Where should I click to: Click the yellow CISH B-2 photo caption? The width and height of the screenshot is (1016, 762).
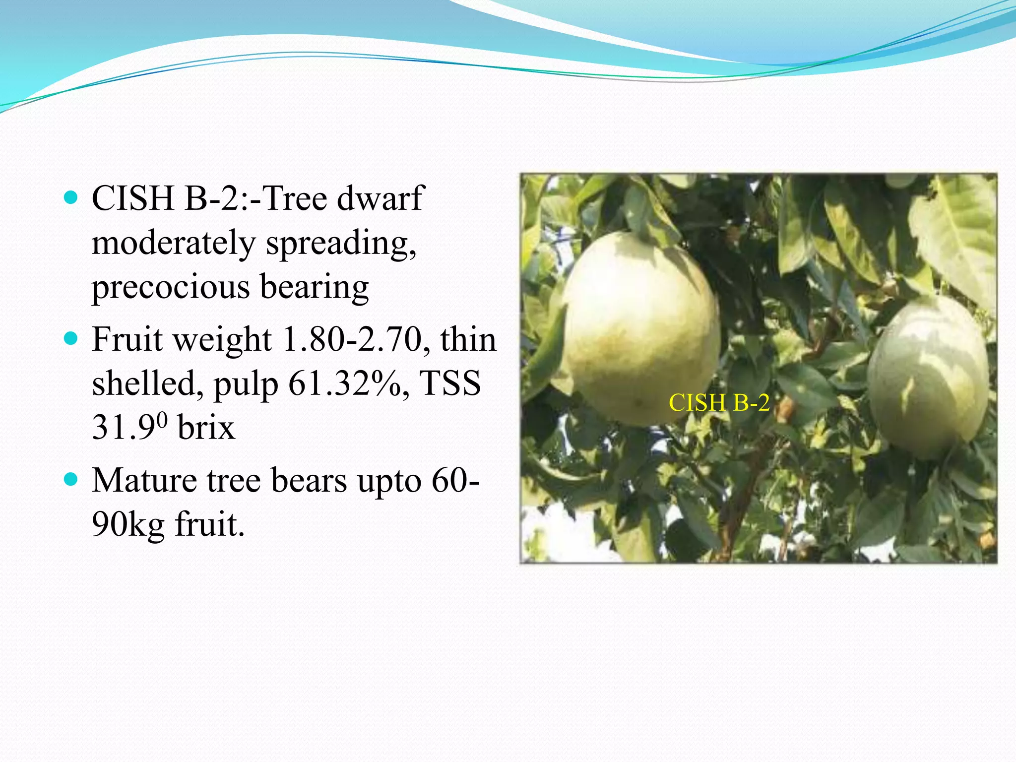pos(719,402)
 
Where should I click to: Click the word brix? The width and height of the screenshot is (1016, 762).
pos(206,428)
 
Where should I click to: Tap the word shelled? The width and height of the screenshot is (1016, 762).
pos(147,383)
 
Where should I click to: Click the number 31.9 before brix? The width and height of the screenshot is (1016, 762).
pos(125,428)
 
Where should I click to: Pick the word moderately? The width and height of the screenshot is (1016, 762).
pos(173,243)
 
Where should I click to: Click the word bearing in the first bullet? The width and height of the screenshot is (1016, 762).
pos(315,287)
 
